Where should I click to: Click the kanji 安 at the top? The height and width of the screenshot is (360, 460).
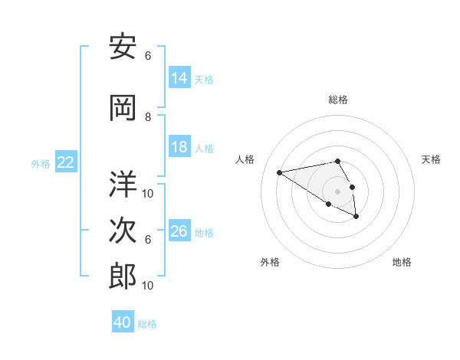coord(123,48)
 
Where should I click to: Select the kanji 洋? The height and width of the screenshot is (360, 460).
coord(123,185)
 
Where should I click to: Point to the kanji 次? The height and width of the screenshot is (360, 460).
coord(123,231)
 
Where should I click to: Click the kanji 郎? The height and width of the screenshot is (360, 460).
coord(123,277)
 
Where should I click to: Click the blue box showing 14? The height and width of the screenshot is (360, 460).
coord(179,78)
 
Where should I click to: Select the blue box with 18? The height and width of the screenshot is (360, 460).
coord(179,147)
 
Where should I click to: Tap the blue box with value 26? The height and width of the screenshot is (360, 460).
coord(179,231)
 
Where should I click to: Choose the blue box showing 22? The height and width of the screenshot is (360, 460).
coord(65,162)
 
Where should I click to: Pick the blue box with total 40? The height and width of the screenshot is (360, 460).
coord(123,322)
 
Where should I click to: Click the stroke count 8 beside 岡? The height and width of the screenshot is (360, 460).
coord(148,117)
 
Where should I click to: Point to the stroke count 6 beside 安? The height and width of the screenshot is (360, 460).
coord(148,56)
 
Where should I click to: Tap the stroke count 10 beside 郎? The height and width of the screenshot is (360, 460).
coord(148,286)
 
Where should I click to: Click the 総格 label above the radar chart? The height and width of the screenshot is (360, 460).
coord(337,100)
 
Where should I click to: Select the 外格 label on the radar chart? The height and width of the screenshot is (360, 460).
coord(270,262)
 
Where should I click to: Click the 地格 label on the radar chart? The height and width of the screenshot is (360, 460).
coord(402,262)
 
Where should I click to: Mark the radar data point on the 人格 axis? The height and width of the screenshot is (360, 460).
coord(280,172)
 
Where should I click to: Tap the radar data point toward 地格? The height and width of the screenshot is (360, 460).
coord(356,217)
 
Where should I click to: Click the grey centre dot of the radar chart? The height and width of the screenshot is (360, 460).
coord(337,191)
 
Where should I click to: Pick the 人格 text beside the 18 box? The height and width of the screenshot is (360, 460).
coord(204,148)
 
